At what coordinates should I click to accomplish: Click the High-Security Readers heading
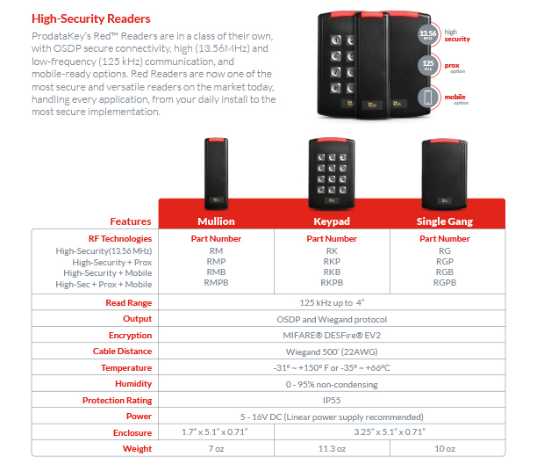(x=91, y=18)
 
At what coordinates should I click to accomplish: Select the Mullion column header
(x=216, y=221)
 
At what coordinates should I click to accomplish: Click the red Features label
(x=130, y=221)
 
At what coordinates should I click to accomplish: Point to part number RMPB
(x=216, y=284)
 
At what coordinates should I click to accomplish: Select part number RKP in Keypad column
(x=331, y=261)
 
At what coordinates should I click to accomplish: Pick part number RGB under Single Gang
(x=445, y=272)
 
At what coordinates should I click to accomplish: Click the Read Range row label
(x=128, y=303)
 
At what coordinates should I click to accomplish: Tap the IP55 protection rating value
(x=332, y=400)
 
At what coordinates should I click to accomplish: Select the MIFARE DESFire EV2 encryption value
(x=332, y=335)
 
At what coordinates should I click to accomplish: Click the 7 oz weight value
(x=216, y=448)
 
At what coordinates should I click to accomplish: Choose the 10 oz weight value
(x=445, y=448)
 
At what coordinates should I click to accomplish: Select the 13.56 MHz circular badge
(x=428, y=35)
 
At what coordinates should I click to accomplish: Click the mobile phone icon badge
(x=428, y=97)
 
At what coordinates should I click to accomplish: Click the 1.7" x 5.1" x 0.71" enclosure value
(x=216, y=432)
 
